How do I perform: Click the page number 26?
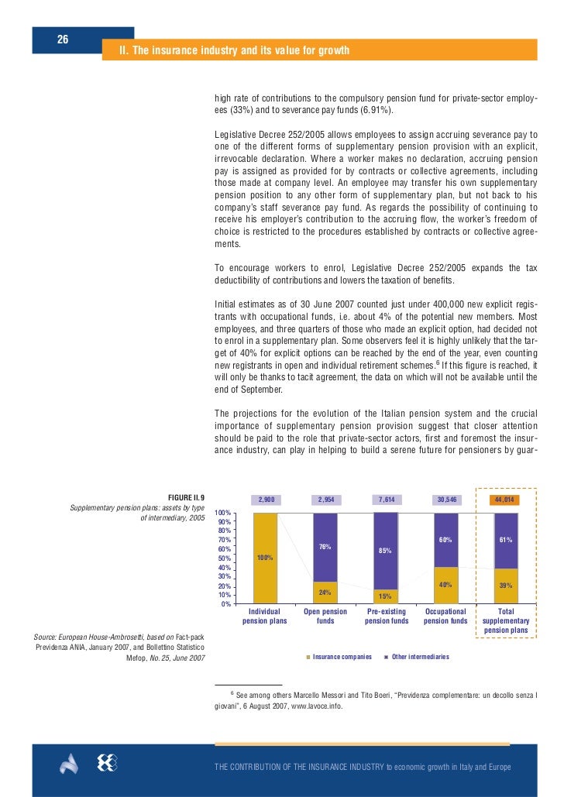[62, 40]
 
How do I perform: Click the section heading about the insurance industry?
[233, 51]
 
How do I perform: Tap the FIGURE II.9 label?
[186, 497]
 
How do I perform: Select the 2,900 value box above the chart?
[266, 500]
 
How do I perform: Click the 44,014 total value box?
[505, 500]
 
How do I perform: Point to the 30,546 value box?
[445, 500]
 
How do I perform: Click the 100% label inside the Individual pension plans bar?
[266, 558]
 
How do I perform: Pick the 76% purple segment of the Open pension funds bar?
[325, 547]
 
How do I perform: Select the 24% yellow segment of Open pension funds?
[325, 593]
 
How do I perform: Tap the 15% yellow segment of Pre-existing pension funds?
[385, 596]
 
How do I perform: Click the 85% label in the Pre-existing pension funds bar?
[385, 551]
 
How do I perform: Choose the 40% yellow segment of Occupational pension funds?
[445, 585]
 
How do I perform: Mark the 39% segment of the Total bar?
[505, 586]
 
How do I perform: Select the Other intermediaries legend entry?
[419, 657]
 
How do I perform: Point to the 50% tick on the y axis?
[222, 558]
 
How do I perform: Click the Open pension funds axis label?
[325, 616]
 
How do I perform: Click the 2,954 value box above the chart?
[325, 500]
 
